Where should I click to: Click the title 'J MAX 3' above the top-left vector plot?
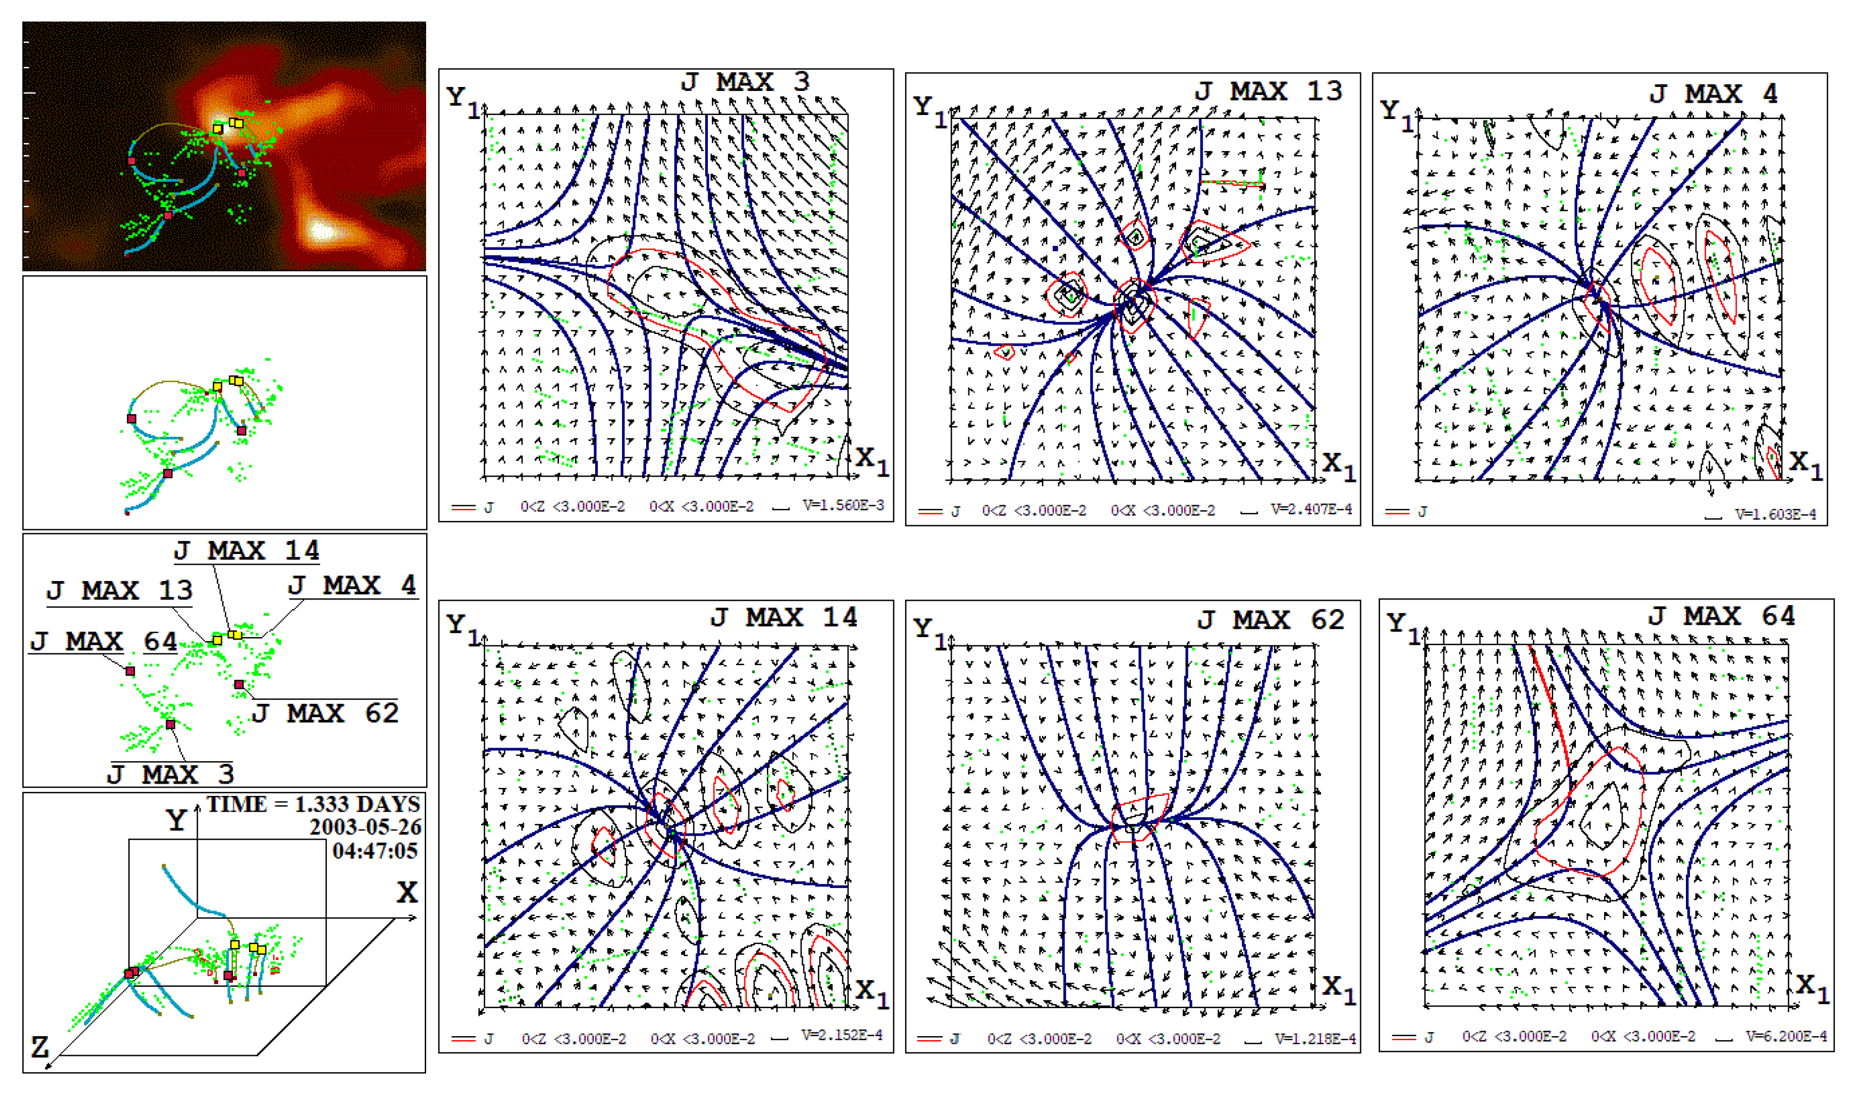coord(744,82)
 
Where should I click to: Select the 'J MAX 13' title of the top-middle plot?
coord(1267,91)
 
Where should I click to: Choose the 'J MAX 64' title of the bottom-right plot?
coord(1721,616)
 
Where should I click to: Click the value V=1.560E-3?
coord(843,505)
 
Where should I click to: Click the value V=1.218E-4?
coord(1314,1038)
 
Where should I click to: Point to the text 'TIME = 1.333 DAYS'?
coord(313,804)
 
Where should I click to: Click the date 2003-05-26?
coord(365,827)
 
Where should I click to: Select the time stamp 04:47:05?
coord(375,851)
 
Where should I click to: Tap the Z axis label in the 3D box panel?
coord(39,1046)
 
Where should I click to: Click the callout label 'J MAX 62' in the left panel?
coord(325,713)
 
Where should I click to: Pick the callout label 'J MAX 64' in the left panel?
coord(103,642)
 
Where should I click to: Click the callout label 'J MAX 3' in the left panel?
coord(170,775)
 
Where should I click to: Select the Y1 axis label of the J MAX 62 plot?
coord(929,631)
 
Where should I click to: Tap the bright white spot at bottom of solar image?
coord(322,231)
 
